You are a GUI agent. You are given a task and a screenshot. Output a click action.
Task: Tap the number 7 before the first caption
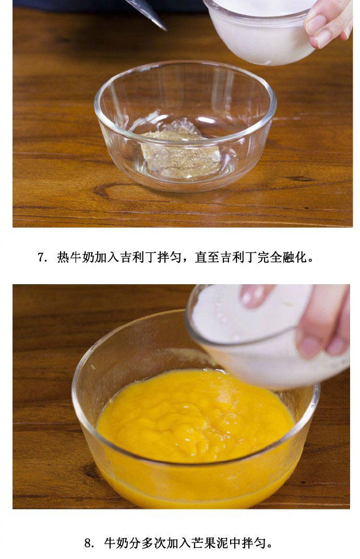pyautogui.click(x=41, y=258)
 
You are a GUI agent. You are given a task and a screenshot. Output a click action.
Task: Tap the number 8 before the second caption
pyautogui.click(x=88, y=543)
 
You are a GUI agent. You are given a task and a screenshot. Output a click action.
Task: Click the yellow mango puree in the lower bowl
pyautogui.click(x=195, y=428)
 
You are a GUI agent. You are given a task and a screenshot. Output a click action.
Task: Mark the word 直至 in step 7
pyautogui.click(x=207, y=258)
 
